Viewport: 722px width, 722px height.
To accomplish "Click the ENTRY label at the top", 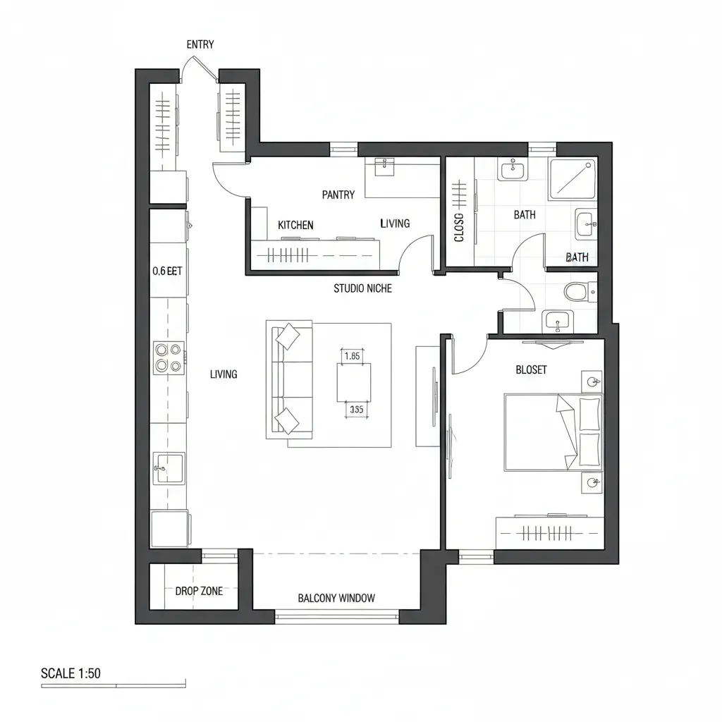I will [200, 44].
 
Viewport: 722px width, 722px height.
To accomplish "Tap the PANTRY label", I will [338, 195].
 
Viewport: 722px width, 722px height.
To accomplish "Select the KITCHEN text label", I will [295, 225].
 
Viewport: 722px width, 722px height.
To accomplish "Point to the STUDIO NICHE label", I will [362, 288].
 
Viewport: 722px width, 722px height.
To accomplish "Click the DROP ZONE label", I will [199, 591].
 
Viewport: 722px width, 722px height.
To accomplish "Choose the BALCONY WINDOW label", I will [336, 598].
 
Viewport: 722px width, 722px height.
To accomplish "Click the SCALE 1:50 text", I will [71, 673].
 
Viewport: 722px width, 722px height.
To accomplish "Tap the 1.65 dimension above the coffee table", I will [351, 356].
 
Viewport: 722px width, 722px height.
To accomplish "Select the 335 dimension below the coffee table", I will [356, 409].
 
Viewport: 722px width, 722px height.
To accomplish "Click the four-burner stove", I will [169, 357].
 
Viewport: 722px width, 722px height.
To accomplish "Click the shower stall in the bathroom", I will [572, 178].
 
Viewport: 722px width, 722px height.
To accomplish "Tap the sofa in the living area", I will [289, 381].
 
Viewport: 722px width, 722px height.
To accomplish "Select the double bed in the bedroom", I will [553, 432].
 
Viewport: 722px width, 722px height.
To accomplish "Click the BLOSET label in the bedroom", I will [531, 370].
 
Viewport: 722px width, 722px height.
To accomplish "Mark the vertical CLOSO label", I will [459, 227].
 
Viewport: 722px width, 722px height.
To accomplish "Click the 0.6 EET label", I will [167, 270].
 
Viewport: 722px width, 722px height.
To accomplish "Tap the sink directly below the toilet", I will [558, 322].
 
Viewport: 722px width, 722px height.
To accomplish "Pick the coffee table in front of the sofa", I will [353, 383].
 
